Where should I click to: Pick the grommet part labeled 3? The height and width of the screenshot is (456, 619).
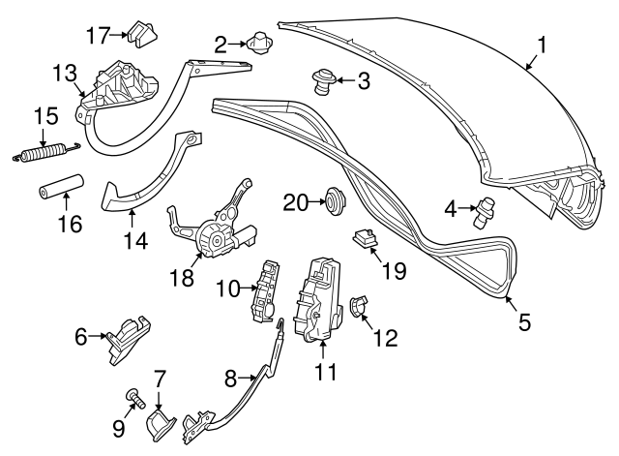[323, 81]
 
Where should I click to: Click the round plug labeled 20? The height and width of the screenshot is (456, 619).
[335, 201]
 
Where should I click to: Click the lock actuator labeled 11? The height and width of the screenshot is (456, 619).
[319, 299]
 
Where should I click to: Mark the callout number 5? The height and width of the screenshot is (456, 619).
[524, 322]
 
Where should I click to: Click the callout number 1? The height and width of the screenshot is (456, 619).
[542, 44]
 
